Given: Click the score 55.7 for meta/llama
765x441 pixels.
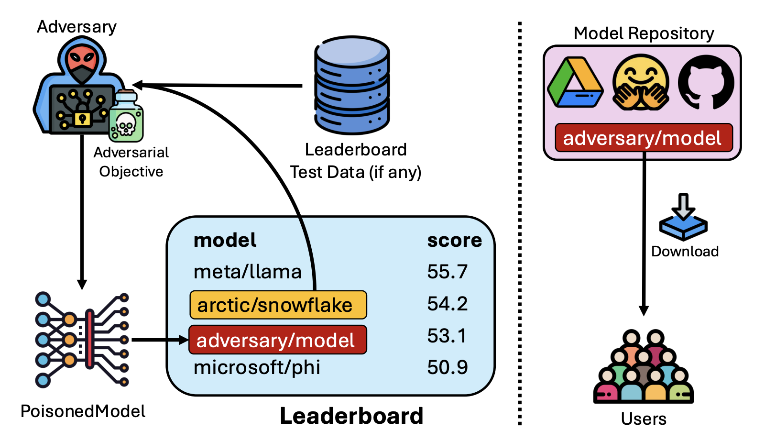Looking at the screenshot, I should [447, 272].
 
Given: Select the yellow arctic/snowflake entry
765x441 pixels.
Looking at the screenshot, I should [278, 305].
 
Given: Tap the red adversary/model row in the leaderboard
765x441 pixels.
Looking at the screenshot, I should [278, 340].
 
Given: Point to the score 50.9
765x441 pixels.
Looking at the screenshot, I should [447, 367].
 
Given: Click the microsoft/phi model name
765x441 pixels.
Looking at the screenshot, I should [257, 367].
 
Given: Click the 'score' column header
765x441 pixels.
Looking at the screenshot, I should [454, 240].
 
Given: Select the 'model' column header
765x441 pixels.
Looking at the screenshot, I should [225, 240].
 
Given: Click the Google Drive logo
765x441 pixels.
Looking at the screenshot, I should [576, 83].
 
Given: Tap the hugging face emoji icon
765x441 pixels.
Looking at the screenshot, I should [640, 83].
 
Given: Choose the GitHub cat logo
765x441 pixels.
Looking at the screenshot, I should [706, 82].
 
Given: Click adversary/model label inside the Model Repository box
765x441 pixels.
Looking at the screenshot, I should [643, 138].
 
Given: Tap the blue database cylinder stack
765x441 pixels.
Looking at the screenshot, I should [352, 85].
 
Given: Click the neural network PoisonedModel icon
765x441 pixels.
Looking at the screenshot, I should [82, 339].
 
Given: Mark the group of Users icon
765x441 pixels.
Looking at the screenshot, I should [643, 368].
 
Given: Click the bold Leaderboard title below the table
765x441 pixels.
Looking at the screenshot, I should [351, 416].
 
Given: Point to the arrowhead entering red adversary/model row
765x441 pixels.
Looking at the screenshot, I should [185, 340].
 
